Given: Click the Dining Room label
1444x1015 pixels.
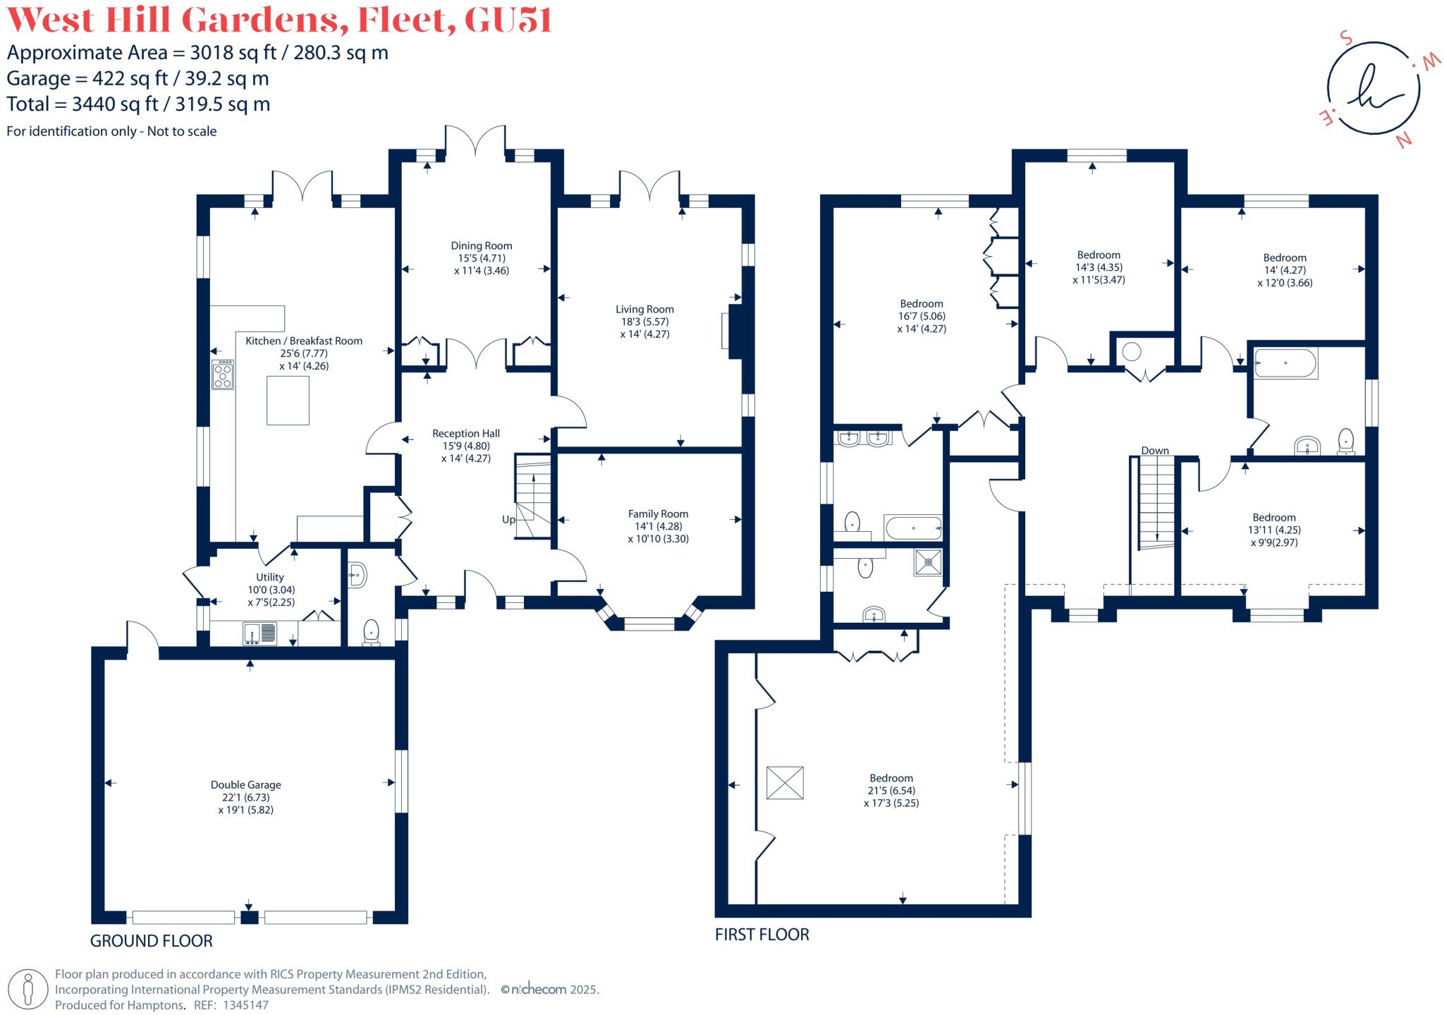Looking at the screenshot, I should point(481,245).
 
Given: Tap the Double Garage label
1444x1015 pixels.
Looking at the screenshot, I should point(245,784).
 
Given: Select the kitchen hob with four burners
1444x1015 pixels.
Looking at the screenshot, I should point(223,375).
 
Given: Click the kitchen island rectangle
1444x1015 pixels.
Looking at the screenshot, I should point(288,401).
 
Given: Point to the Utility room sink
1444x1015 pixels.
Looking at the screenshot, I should point(260,633).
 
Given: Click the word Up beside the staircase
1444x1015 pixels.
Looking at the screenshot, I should point(508,519).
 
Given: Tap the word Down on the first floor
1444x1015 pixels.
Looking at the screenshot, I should point(1155,450).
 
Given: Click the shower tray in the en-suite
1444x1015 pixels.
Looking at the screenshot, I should point(928,562).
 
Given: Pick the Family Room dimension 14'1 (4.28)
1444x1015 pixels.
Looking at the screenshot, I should point(658,526).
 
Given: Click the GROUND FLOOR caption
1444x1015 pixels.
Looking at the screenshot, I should point(151,940).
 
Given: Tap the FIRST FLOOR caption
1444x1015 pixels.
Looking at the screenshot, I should point(761,934).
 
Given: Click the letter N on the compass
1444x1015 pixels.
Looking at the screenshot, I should point(1404,140).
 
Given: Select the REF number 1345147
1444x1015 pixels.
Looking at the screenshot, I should point(245,1005).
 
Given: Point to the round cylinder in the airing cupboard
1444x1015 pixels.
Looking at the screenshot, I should point(1132,352).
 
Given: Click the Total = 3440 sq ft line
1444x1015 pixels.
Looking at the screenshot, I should point(138,104).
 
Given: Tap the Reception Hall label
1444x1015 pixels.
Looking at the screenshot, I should point(465,433).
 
